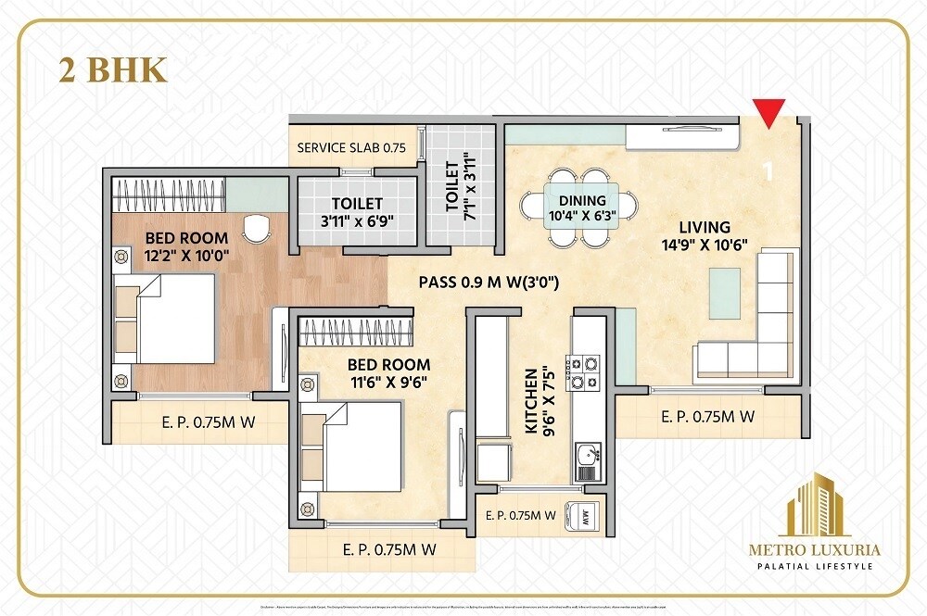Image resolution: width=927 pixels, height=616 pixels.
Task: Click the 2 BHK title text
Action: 113,71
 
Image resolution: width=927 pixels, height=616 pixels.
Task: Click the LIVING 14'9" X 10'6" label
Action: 705,235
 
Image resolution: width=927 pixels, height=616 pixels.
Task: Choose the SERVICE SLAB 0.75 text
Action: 351,148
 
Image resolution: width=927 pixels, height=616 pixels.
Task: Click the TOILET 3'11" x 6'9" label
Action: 357,212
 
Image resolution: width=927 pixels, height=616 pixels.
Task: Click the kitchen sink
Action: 588,455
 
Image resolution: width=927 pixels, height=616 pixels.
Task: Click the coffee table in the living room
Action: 725,291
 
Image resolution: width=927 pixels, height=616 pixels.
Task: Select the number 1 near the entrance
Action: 767,171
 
